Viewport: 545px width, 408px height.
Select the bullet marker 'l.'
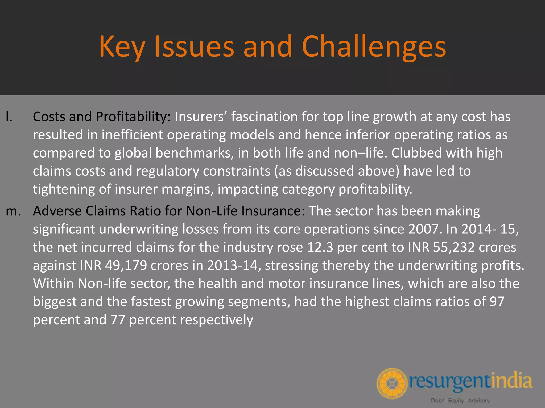[9, 117]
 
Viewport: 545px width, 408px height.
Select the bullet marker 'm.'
[13, 211]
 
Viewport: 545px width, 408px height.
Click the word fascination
[264, 117]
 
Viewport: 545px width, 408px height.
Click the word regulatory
[167, 171]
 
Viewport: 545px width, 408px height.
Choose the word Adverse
[57, 211]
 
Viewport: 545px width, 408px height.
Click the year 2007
[423, 229]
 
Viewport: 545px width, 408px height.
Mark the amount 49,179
[126, 266]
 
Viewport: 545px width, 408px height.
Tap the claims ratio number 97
[497, 302]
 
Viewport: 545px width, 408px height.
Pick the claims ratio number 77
[118, 320]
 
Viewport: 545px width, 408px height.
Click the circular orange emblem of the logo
[392, 383]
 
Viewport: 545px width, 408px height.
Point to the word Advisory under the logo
[479, 401]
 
